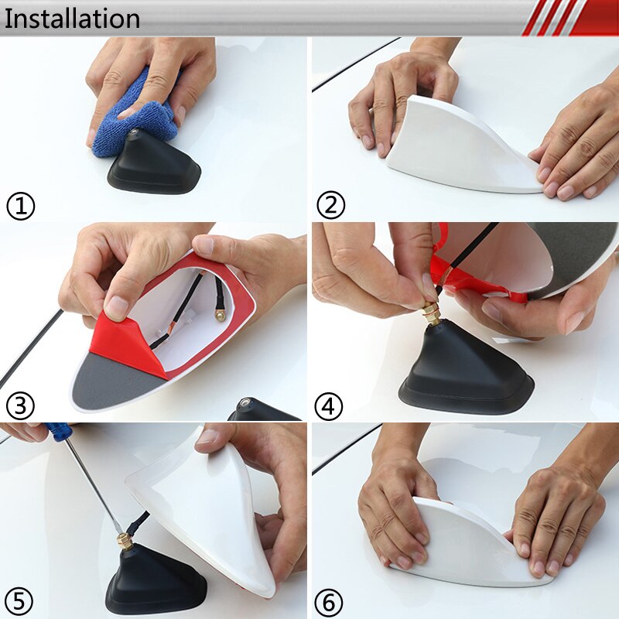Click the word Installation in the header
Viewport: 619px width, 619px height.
click(x=71, y=19)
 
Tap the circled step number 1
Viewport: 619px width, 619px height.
click(x=21, y=207)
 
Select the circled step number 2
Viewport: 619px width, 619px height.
click(x=330, y=206)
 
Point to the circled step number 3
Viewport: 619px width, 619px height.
click(x=21, y=405)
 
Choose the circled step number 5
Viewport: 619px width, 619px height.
click(x=21, y=600)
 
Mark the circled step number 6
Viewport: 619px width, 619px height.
click(x=330, y=601)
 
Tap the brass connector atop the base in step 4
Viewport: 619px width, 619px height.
click(x=430, y=313)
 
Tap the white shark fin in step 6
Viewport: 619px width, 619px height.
click(x=464, y=542)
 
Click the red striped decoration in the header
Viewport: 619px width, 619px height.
click(x=569, y=18)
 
